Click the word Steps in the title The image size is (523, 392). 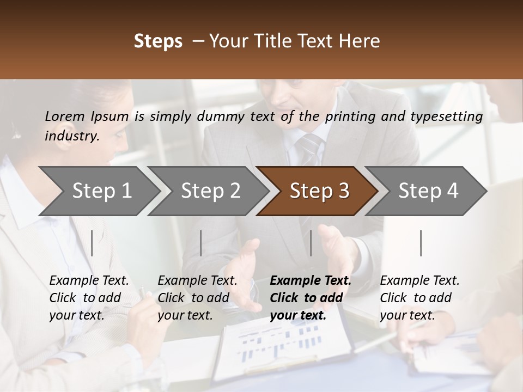pos(158,41)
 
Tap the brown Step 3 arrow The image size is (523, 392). pos(319,191)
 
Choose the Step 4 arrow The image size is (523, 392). pos(428,191)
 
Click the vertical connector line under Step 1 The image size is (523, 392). pos(92,243)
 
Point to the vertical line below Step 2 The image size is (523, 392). pos(201,243)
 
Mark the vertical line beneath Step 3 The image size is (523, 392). pos(311,243)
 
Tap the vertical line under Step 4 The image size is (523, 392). pos(421,243)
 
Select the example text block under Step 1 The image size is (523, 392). pos(89,298)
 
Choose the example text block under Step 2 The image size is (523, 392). pos(197,298)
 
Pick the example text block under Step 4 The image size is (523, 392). pos(419,298)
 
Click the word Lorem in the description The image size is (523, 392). pos(65,116)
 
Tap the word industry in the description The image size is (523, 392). pos(71,136)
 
